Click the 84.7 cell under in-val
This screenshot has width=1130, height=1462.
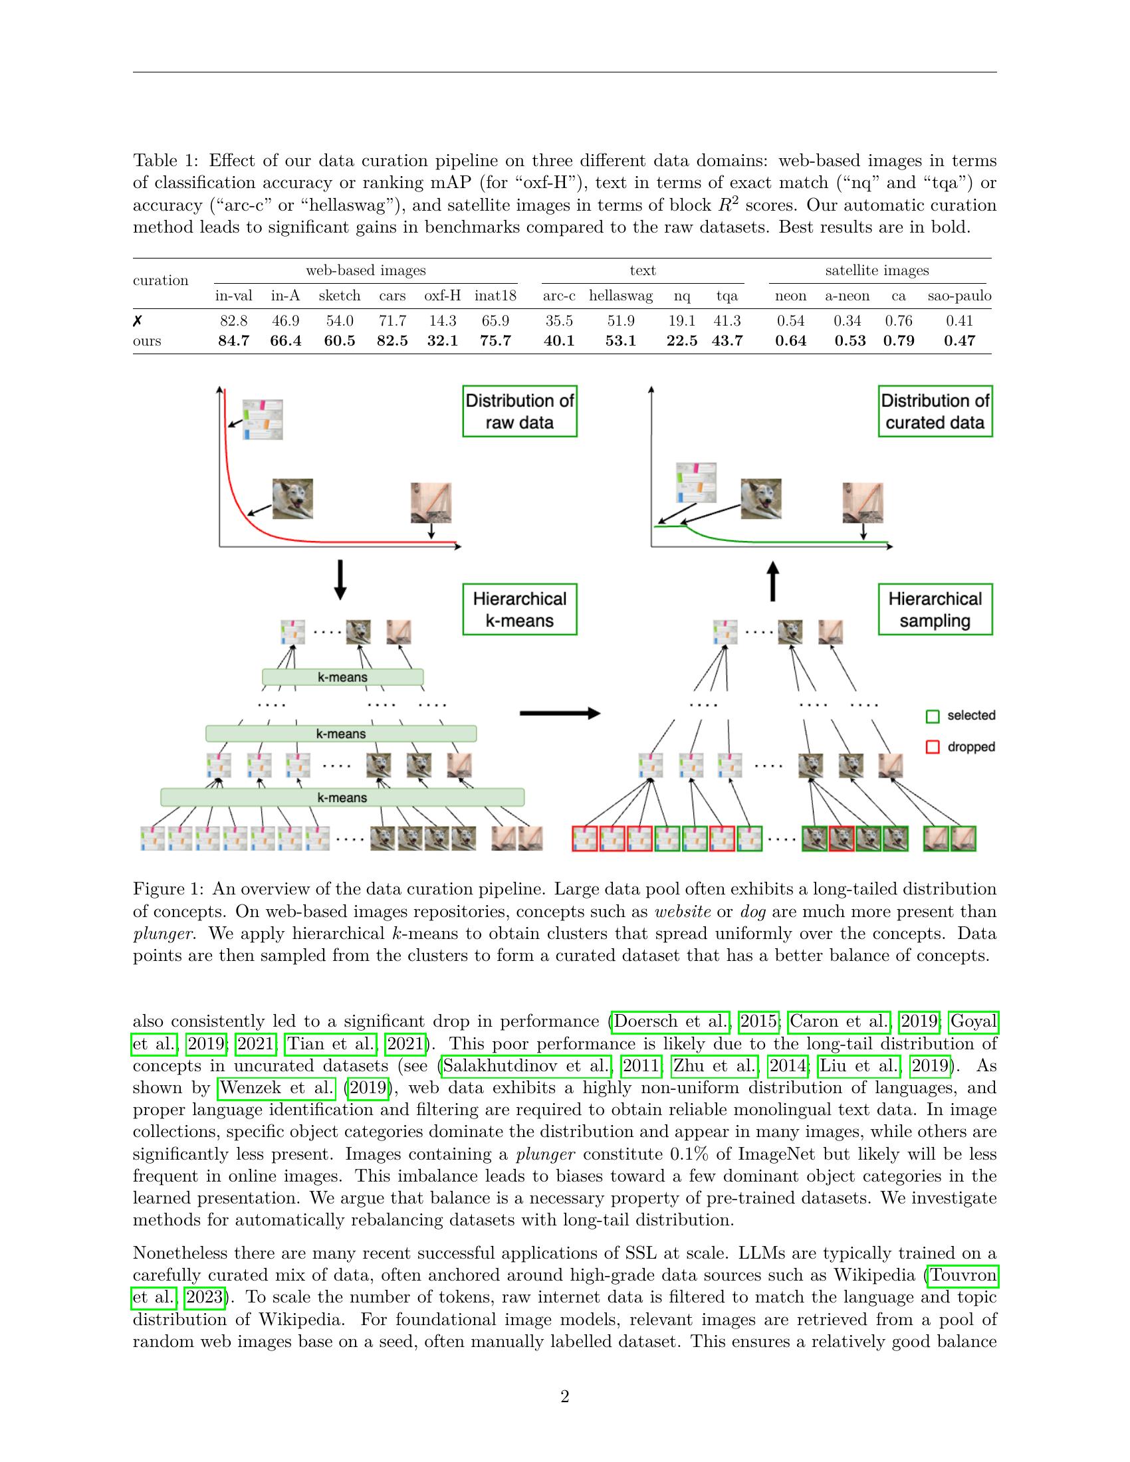233,341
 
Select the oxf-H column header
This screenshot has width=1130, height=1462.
442,296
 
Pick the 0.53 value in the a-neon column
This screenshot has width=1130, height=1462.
849,341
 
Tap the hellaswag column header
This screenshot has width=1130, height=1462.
620,296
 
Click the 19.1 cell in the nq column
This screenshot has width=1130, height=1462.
681,321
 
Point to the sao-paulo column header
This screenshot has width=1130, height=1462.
959,296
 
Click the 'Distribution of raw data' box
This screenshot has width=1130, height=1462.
520,411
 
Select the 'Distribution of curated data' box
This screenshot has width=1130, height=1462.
935,411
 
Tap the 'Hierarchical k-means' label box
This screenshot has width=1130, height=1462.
520,609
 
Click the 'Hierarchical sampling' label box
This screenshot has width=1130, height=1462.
935,609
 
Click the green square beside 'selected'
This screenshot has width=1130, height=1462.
932,716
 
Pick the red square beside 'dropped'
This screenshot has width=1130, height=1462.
932,747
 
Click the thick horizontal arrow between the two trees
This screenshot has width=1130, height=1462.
559,714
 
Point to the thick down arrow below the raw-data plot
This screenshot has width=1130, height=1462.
340,579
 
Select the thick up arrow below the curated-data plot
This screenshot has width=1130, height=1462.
772,580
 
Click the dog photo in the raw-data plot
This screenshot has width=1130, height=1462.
292,498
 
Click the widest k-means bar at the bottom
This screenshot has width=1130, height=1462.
342,797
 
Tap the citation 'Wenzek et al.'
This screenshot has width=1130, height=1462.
277,1088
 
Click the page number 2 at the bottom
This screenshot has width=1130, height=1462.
564,1396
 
